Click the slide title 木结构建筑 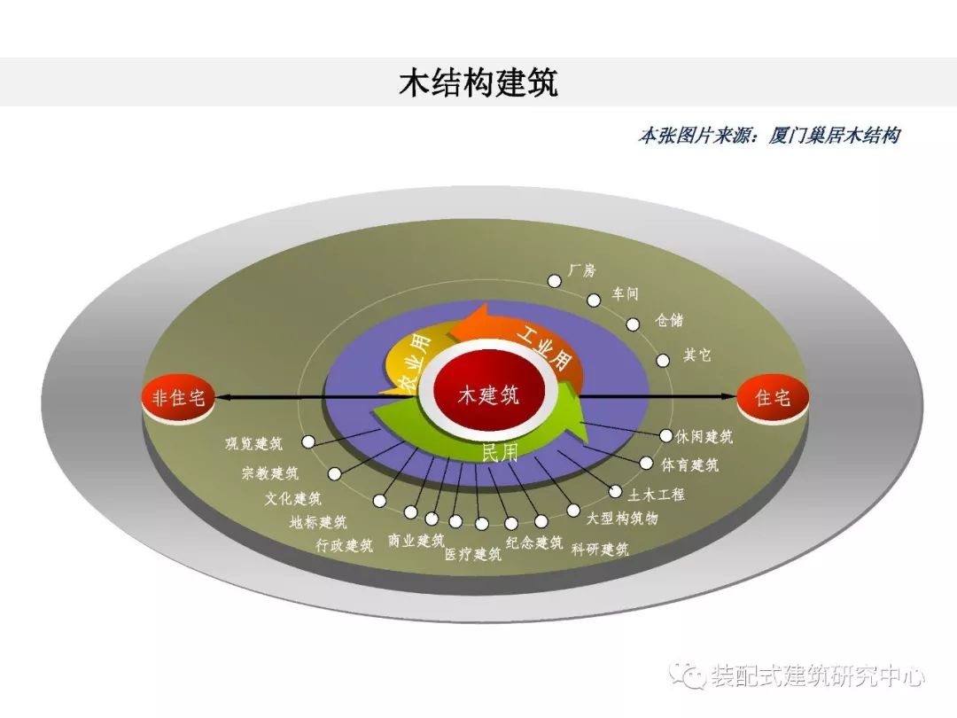click(x=478, y=82)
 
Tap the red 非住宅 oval click(x=177, y=399)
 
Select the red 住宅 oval click(x=773, y=399)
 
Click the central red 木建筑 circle click(x=488, y=395)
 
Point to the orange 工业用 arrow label click(x=544, y=348)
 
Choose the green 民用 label click(x=500, y=453)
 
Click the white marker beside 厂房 click(x=554, y=281)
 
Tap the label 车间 click(x=625, y=294)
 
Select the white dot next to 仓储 click(x=633, y=324)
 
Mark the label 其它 click(x=697, y=355)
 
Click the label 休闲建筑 click(x=704, y=436)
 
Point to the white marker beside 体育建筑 click(x=646, y=464)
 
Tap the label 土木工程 click(x=657, y=494)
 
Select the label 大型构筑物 click(x=622, y=519)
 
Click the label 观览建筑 click(x=254, y=444)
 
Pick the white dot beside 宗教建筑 click(x=334, y=473)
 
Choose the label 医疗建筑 click(x=473, y=554)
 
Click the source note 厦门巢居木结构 click(x=834, y=135)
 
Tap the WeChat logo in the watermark click(x=689, y=675)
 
